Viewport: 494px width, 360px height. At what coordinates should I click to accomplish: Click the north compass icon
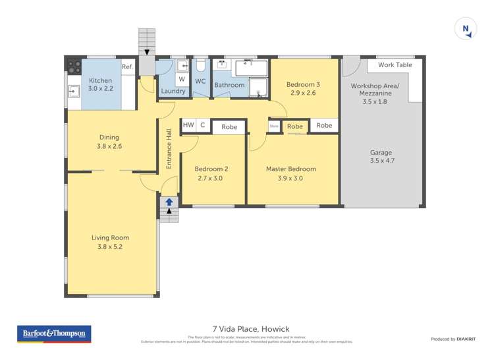(466, 29)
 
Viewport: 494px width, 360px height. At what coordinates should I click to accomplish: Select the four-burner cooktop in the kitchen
(73, 66)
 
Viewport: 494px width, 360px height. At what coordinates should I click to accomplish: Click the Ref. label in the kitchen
(127, 67)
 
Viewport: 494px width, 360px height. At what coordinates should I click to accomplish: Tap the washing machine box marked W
(181, 79)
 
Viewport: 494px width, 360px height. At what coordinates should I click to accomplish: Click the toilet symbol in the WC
(201, 66)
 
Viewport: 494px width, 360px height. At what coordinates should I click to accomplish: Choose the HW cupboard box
(188, 125)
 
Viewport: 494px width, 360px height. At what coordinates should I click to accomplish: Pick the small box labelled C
(202, 125)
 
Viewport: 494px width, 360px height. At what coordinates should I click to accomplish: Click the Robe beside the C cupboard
(229, 127)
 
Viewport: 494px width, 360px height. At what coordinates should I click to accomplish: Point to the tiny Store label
(274, 126)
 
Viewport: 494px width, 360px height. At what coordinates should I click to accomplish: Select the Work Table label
(395, 64)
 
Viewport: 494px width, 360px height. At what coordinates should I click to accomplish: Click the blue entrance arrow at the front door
(169, 202)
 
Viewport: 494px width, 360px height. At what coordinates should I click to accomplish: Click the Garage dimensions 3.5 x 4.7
(382, 160)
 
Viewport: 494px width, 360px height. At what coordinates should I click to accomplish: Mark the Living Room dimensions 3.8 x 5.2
(110, 247)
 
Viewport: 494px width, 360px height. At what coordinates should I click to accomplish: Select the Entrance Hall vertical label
(169, 150)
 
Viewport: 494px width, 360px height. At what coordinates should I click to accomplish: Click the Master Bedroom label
(290, 169)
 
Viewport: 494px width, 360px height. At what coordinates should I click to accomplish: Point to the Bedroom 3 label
(303, 84)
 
